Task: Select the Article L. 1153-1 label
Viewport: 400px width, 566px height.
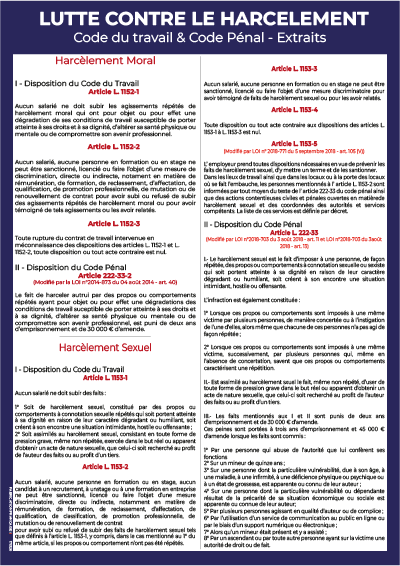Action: click(x=103, y=382)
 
